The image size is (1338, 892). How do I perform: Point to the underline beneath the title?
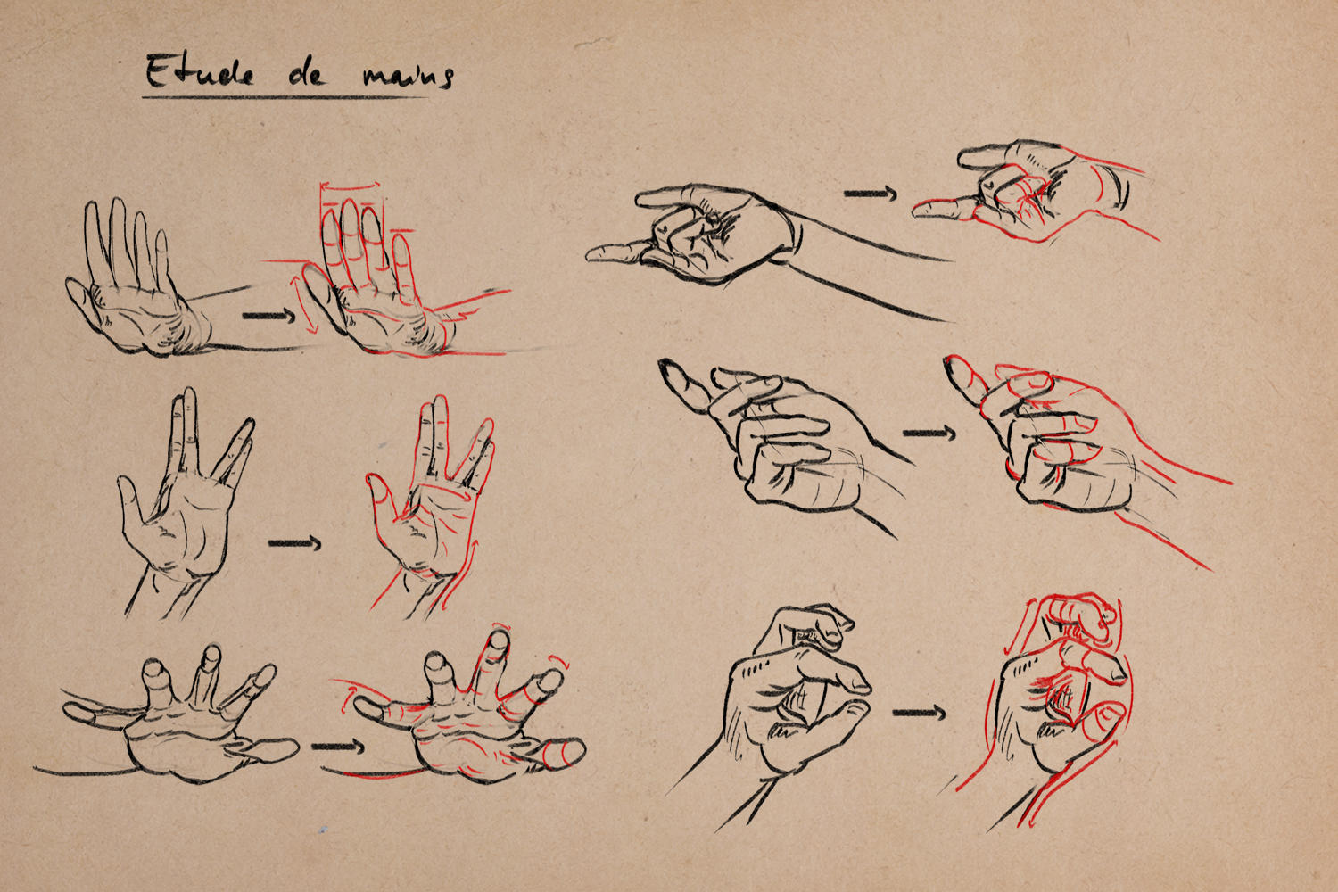click(x=285, y=96)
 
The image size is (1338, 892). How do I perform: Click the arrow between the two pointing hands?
click(x=871, y=193)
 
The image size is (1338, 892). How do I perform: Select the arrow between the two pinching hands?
click(x=920, y=712)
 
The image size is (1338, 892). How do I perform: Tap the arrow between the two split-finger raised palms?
click(x=294, y=543)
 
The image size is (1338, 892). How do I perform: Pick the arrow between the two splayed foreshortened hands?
click(x=337, y=747)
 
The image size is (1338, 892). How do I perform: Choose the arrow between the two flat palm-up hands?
click(x=269, y=316)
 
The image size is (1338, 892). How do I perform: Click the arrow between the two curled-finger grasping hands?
click(x=929, y=434)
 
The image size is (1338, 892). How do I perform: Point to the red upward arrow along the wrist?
click(x=465, y=573)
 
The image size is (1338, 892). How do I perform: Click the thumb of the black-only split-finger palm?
click(x=128, y=502)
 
